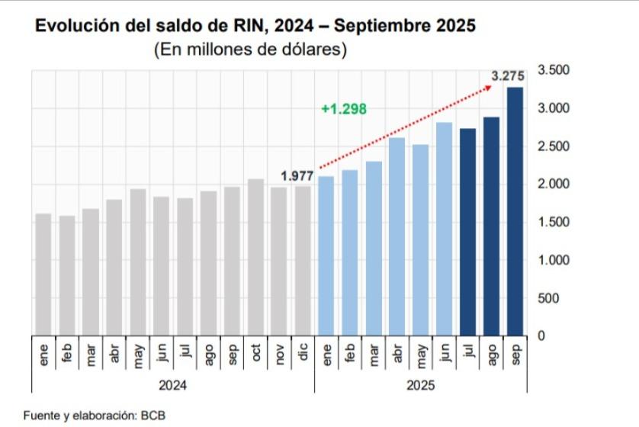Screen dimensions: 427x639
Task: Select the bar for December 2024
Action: point(302,260)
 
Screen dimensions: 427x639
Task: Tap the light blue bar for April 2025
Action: point(397,236)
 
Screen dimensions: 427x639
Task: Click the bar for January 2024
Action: point(43,274)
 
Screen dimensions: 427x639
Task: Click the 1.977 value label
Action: point(297,176)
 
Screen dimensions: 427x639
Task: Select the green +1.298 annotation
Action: point(344,109)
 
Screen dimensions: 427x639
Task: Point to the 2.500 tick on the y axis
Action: point(553,146)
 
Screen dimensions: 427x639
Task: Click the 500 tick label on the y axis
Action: point(559,297)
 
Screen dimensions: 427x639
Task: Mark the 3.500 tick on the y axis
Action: point(553,70)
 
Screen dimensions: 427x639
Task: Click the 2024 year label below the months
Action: point(172,386)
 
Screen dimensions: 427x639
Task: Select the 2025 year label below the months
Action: point(420,386)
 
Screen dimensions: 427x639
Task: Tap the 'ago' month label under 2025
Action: point(491,355)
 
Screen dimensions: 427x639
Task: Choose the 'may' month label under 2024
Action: point(137,355)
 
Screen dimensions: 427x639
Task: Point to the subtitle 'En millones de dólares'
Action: point(251,50)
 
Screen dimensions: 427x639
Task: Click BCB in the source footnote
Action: point(153,416)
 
